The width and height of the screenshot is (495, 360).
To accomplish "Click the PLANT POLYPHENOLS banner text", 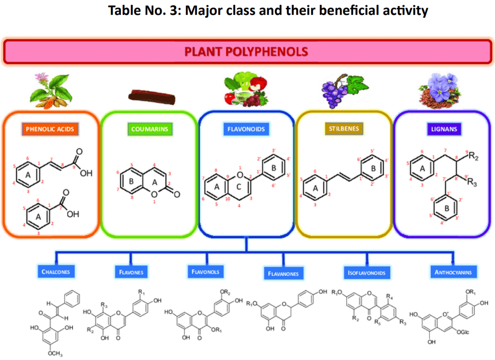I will (246, 52).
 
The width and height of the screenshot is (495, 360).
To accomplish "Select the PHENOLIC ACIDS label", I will (50, 129).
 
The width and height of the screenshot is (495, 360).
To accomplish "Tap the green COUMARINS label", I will (150, 129).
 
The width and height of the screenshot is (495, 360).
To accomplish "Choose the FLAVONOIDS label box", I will (246, 129).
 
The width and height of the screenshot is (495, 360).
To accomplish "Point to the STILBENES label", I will (344, 129).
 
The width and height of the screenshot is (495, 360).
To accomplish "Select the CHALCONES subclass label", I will (56, 272).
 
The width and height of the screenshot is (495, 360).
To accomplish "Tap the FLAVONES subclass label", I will (131, 272).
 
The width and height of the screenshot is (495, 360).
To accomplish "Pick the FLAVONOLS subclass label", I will (205, 271).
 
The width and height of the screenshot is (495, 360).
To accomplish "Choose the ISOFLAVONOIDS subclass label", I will (366, 273).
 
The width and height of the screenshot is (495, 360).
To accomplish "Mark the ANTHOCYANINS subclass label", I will (453, 272).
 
